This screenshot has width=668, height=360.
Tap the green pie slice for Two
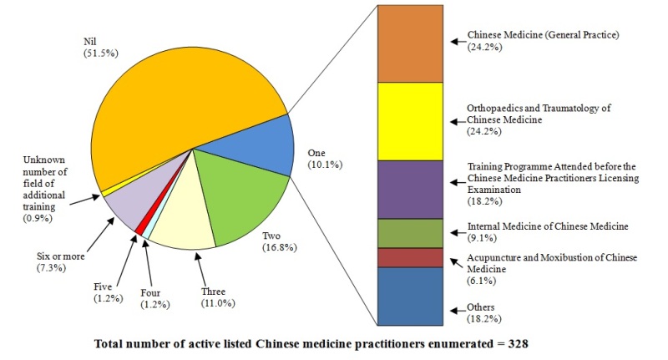pyautogui.click(x=242, y=196)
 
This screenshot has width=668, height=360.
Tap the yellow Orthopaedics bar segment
pyautogui.click(x=410, y=120)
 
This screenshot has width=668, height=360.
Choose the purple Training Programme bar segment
pyautogui.click(x=410, y=189)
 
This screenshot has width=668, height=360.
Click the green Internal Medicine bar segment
pyautogui.click(x=410, y=233)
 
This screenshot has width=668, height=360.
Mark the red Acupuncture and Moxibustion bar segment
pyautogui.click(x=410, y=257)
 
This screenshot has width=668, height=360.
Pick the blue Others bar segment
pyautogui.click(x=410, y=296)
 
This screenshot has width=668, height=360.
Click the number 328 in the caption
pyautogui.click(x=517, y=343)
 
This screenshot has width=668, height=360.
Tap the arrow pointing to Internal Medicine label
pyautogui.click(x=455, y=227)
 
